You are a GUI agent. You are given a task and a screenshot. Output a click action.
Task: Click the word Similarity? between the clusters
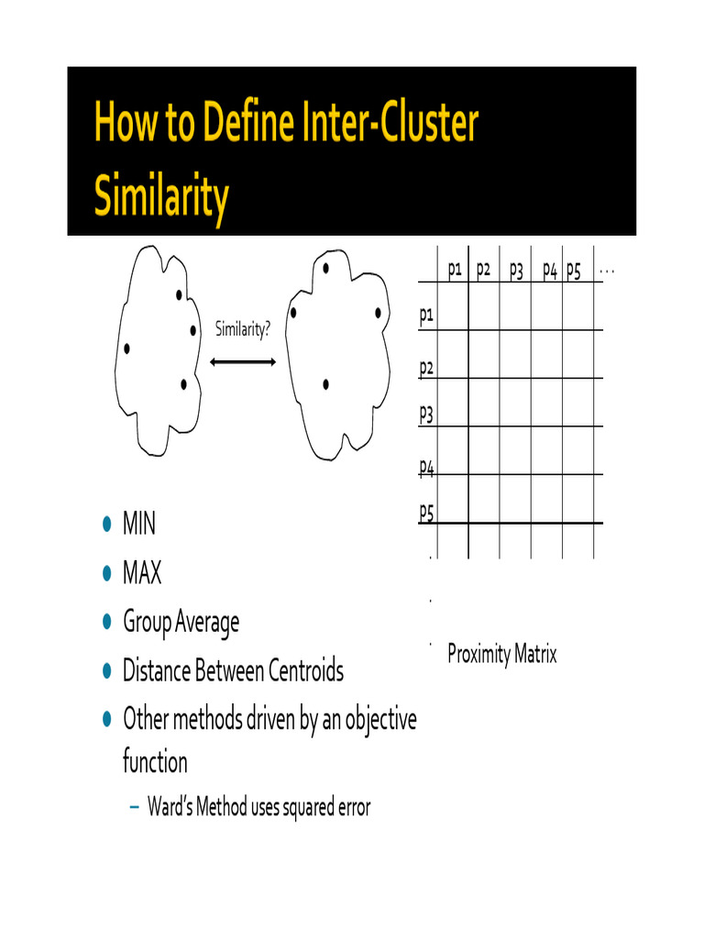[243, 329]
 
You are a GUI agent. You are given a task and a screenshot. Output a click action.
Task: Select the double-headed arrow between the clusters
[243, 363]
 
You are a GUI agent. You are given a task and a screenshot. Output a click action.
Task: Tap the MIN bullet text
[139, 525]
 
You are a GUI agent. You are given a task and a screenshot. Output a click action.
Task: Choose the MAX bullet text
[142, 574]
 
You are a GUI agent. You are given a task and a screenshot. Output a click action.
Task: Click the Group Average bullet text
[181, 623]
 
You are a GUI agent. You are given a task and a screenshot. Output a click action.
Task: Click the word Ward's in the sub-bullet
[169, 808]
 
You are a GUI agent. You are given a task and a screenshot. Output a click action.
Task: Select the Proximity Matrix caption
[501, 654]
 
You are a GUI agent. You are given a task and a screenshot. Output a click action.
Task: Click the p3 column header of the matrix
[516, 271]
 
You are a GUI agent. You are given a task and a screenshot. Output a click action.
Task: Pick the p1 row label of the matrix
[426, 316]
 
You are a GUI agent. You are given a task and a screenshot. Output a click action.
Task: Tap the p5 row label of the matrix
[426, 512]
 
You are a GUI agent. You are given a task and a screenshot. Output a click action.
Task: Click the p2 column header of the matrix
[484, 271]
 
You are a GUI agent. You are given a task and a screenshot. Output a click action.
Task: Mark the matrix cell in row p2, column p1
[453, 354]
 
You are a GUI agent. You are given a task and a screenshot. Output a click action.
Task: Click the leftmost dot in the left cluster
[126, 348]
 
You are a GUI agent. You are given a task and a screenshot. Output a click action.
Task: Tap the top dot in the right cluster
[326, 269]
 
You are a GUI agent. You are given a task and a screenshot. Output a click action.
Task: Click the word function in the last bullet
[155, 762]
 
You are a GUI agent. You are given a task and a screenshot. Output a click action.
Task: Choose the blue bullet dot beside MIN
[106, 525]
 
